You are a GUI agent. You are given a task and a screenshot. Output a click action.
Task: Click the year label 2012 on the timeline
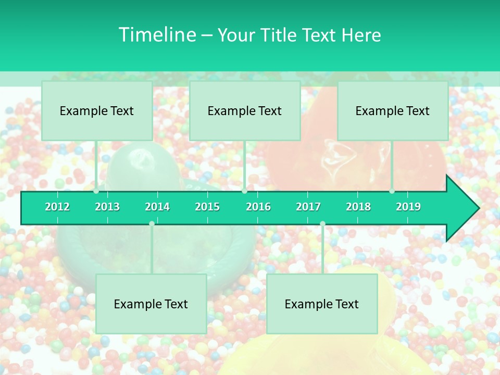pos(57,207)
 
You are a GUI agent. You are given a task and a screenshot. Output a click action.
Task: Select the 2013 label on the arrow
pos(107,207)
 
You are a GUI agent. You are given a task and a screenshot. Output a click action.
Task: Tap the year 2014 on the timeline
pos(157,207)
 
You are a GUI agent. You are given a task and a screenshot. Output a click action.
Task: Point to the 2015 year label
pos(207,207)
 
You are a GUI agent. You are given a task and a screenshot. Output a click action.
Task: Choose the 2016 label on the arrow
pos(258,207)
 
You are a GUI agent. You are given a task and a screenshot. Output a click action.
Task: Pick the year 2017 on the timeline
pos(308,207)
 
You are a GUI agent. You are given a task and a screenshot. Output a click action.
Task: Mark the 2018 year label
pos(358,207)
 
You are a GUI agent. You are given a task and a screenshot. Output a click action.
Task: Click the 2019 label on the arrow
pos(408,207)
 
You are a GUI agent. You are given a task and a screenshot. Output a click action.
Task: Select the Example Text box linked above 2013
pos(97,111)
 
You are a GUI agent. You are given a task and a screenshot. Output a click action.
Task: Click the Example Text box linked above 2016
pos(245,111)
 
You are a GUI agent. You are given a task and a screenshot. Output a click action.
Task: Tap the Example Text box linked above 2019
pos(393,111)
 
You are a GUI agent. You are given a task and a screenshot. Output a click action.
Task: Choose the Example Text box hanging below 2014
pos(151,304)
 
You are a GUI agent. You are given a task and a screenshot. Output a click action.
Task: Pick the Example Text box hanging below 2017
pos(322,304)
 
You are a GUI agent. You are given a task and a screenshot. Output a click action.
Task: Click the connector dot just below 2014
pos(152,223)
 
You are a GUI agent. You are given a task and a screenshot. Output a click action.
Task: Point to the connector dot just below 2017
pos(322,223)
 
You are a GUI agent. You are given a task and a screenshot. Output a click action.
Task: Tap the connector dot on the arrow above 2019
pos(392,191)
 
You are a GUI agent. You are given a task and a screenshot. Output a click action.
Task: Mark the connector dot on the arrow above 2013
pos(96,191)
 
